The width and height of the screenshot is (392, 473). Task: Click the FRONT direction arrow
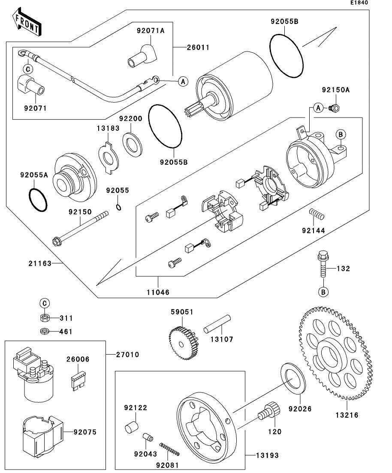click(27, 24)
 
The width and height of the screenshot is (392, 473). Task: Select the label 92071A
click(151, 30)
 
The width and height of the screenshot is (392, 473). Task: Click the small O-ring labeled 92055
click(119, 208)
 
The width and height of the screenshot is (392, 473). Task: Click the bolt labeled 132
click(322, 264)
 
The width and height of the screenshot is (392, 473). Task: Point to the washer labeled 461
click(44, 331)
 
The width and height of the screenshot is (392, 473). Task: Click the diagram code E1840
click(359, 3)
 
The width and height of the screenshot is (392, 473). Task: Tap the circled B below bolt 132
click(323, 292)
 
